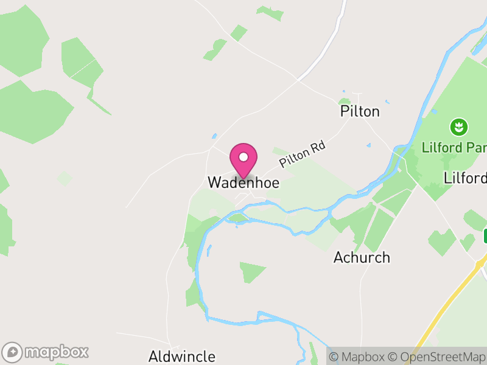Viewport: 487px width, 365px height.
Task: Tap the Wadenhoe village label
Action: point(243,182)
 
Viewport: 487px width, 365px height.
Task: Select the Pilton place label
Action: point(360,111)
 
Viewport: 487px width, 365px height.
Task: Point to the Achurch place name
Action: point(362,257)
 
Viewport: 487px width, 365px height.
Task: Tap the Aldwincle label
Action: point(182,356)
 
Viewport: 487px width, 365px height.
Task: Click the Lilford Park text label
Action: point(454,148)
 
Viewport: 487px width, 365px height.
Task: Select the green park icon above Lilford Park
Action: point(457,127)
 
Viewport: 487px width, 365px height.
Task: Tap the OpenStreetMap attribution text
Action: point(438,356)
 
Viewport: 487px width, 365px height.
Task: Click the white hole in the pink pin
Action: point(243,156)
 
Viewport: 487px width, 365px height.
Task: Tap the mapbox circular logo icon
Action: point(13,352)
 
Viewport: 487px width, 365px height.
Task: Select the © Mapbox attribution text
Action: point(359,356)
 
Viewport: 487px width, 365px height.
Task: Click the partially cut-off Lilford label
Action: point(466,178)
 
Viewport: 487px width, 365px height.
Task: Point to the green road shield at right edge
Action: point(485,235)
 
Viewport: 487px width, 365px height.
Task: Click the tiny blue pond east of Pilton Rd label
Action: point(368,145)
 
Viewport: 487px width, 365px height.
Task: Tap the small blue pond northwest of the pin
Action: point(214,136)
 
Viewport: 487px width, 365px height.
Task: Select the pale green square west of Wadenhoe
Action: point(64,178)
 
